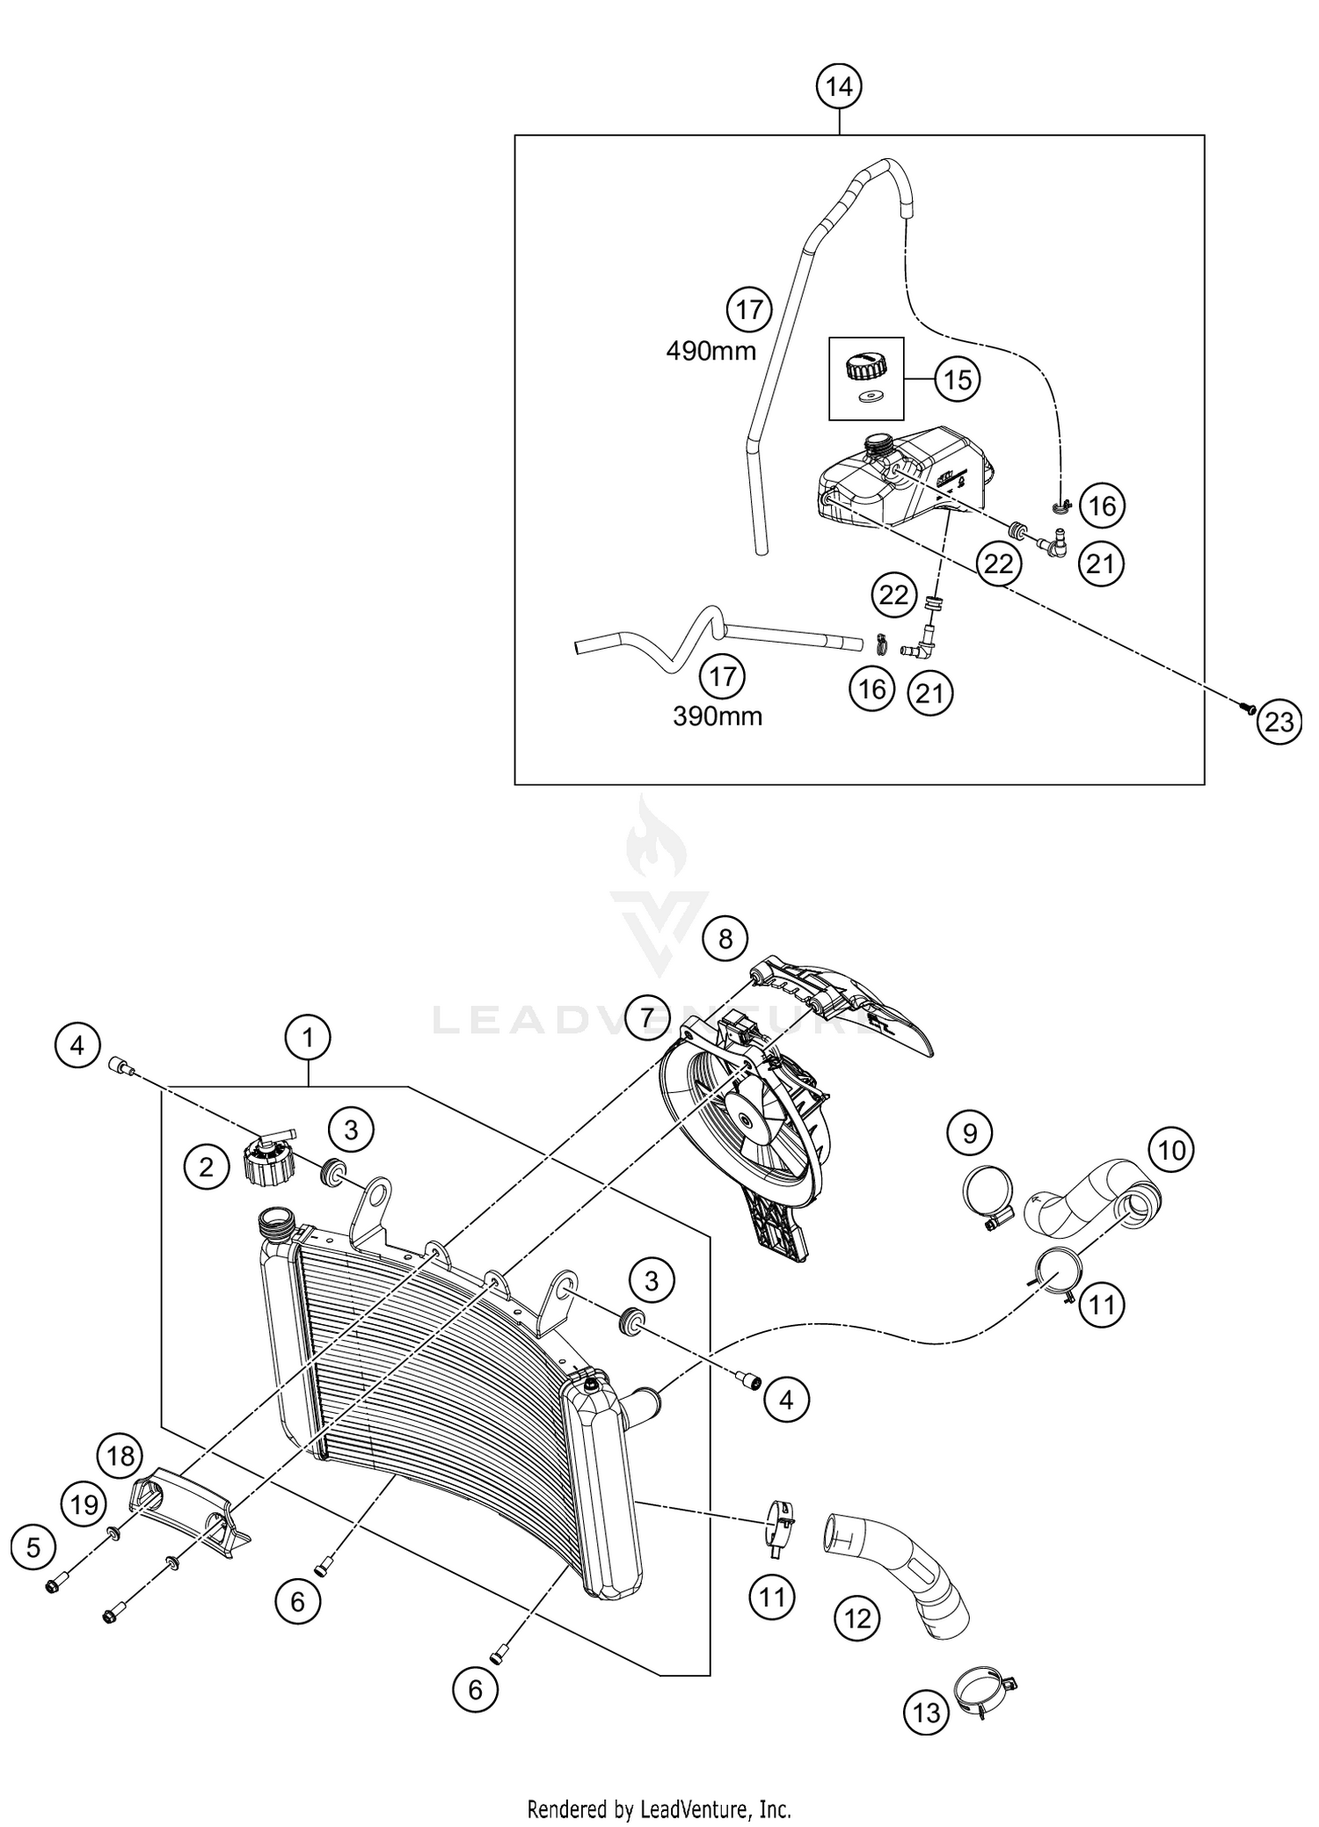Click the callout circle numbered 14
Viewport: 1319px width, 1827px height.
(x=839, y=87)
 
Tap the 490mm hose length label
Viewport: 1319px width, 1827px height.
(x=711, y=352)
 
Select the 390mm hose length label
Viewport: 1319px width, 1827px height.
(x=718, y=717)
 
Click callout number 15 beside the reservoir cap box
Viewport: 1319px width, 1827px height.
(x=958, y=379)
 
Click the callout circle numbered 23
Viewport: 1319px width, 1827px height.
(x=1279, y=721)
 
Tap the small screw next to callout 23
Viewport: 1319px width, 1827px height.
(x=1247, y=706)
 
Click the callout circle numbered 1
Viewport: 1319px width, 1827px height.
(x=308, y=1038)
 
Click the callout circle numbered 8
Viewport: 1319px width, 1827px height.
(x=725, y=939)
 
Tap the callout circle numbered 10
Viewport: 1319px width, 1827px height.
(x=1171, y=1149)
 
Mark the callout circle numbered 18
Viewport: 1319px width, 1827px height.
(x=120, y=1456)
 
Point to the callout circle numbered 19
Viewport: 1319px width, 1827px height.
(x=84, y=1505)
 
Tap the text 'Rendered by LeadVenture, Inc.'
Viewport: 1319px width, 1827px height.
(x=659, y=1809)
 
